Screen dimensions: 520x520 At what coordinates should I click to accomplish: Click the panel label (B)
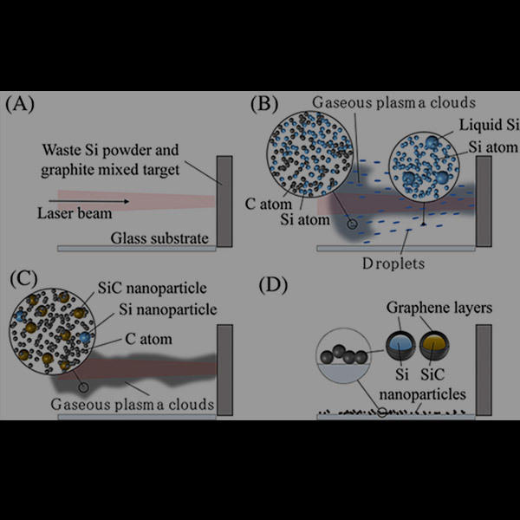tap(265, 106)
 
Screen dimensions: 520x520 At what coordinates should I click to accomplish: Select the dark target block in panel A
tap(224, 201)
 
